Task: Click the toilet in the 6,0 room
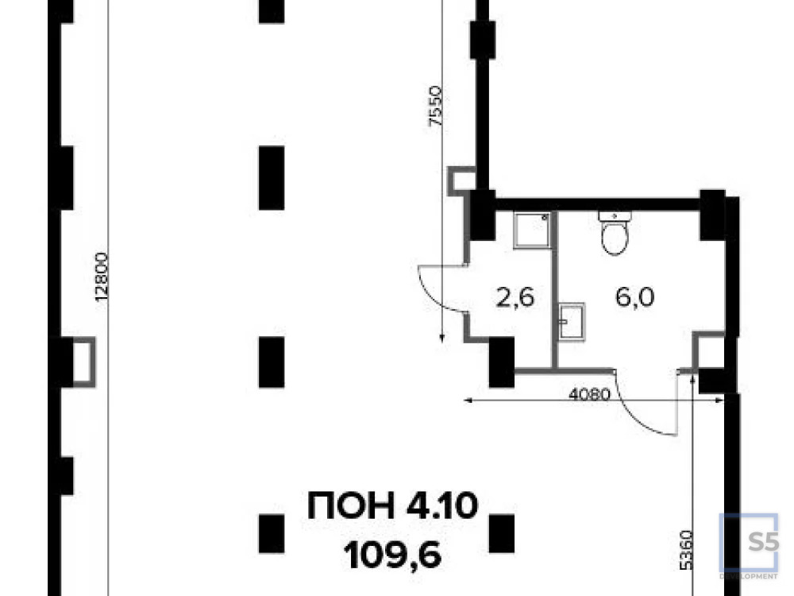[615, 232]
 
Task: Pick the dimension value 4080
[588, 393]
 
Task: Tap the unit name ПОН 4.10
[392, 505]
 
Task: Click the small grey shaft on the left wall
[83, 362]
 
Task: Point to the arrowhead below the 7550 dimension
[442, 338]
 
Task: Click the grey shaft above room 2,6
[461, 180]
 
